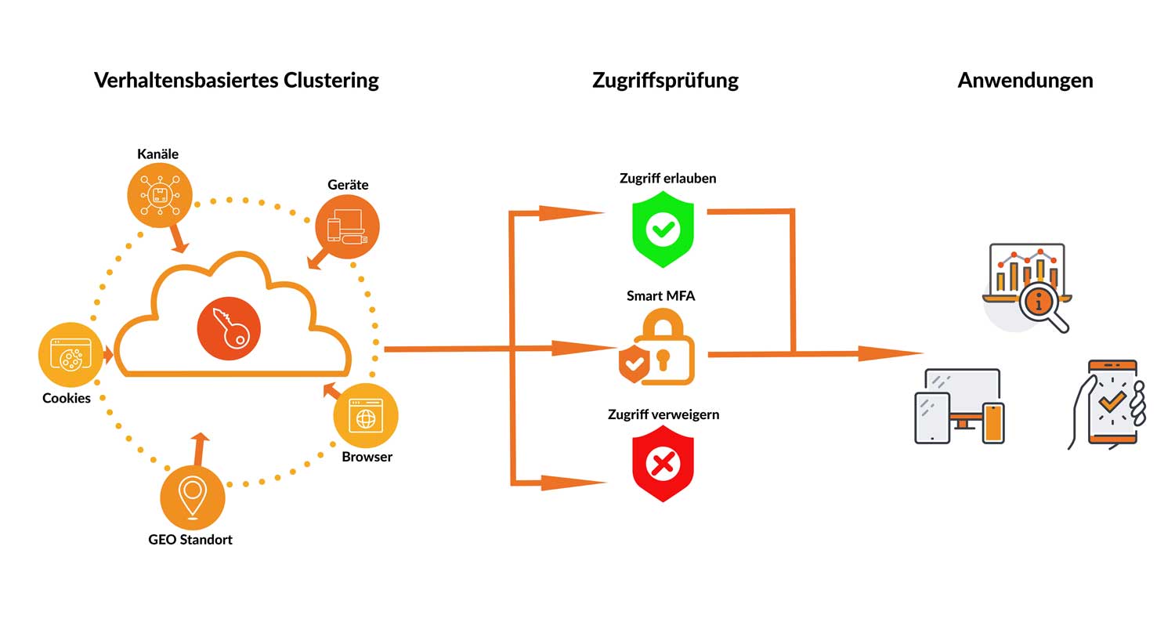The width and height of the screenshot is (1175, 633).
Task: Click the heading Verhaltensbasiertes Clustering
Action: pyautogui.click(x=236, y=80)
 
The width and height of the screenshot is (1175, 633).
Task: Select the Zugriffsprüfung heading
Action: pyautogui.click(x=665, y=80)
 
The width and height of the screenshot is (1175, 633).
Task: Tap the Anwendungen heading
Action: pyautogui.click(x=1025, y=80)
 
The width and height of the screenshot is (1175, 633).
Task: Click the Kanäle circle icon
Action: pyautogui.click(x=160, y=195)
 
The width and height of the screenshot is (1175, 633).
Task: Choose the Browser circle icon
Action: pyautogui.click(x=366, y=416)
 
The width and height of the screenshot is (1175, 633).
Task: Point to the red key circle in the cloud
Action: pyautogui.click(x=228, y=328)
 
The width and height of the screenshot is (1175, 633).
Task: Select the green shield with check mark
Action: pyautogui.click(x=663, y=230)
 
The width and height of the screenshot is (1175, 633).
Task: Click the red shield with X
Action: pyautogui.click(x=663, y=464)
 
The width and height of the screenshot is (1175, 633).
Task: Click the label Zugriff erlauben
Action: pyautogui.click(x=667, y=179)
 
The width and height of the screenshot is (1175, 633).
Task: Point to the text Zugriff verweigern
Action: pyautogui.click(x=663, y=414)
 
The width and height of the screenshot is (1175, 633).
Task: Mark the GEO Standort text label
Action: pyautogui.click(x=190, y=540)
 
